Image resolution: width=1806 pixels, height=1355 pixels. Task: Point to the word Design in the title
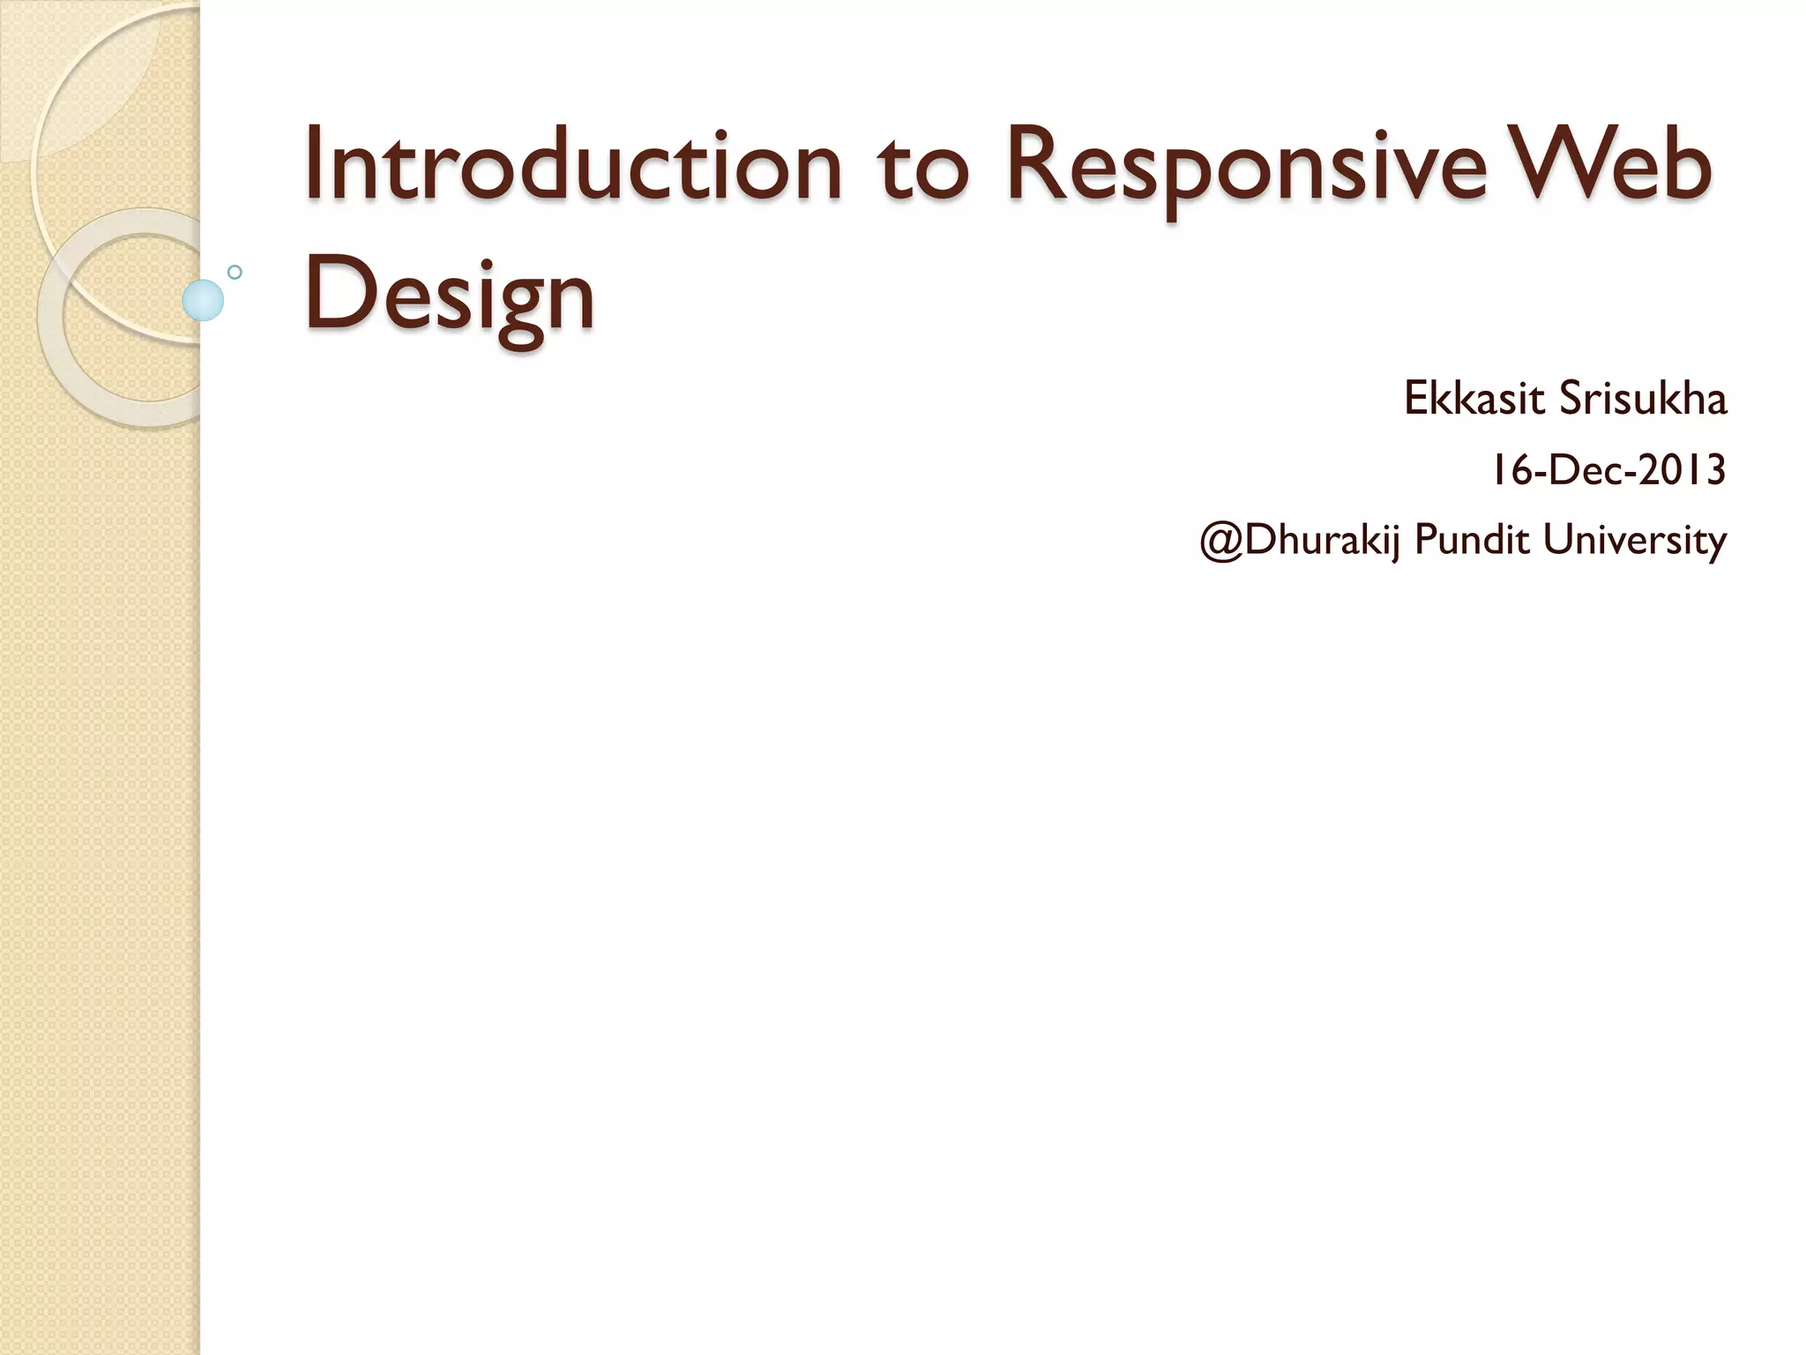(450, 295)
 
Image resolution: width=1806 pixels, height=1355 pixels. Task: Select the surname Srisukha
(1643, 399)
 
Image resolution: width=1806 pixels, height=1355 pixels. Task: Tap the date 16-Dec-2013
(1608, 469)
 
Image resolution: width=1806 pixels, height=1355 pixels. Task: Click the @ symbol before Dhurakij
(1221, 540)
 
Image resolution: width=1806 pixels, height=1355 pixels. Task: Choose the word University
(1634, 540)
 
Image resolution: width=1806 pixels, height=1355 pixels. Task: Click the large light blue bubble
(203, 300)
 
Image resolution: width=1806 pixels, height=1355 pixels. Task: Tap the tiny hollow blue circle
(235, 272)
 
